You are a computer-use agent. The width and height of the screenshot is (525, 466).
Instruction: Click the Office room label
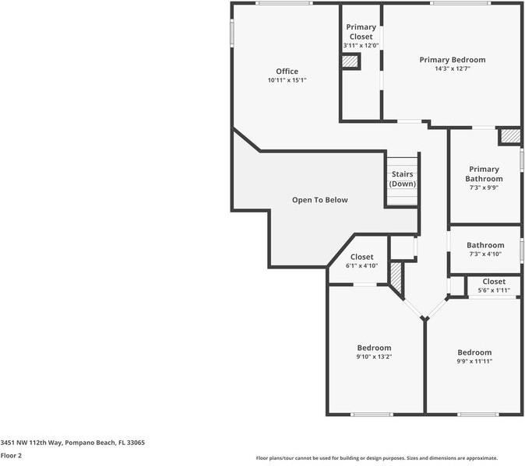(x=287, y=72)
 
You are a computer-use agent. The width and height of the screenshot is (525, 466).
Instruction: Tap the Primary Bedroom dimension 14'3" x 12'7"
(x=452, y=68)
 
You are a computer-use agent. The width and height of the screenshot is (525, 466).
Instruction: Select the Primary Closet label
(x=361, y=32)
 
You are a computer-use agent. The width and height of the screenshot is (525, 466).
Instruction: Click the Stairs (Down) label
(x=402, y=179)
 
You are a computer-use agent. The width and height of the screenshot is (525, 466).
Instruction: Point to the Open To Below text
(x=319, y=200)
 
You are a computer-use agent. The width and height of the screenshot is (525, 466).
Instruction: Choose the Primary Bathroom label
(x=484, y=173)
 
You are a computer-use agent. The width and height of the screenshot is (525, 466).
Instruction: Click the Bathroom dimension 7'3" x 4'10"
(x=484, y=254)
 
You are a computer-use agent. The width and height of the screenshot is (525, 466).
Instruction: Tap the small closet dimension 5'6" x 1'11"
(x=493, y=290)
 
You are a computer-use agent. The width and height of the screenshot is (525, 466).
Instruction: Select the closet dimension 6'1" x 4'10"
(x=361, y=266)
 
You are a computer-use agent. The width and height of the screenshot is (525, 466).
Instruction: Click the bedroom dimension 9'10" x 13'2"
(x=374, y=357)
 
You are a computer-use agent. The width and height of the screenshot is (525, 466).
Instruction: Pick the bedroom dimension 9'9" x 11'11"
(x=474, y=361)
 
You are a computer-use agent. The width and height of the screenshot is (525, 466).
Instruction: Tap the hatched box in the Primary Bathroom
(x=509, y=136)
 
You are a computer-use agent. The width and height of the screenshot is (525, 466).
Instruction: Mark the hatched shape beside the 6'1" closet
(x=396, y=279)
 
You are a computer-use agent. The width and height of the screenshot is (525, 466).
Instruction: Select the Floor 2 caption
(x=11, y=455)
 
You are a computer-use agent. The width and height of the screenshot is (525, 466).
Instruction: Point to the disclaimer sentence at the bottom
(x=376, y=458)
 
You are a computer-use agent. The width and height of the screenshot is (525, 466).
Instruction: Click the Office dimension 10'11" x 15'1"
(x=287, y=80)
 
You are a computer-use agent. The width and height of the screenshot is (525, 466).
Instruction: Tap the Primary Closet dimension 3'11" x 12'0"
(x=361, y=46)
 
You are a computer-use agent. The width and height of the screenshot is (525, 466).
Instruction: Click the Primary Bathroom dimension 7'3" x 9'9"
(x=484, y=187)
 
